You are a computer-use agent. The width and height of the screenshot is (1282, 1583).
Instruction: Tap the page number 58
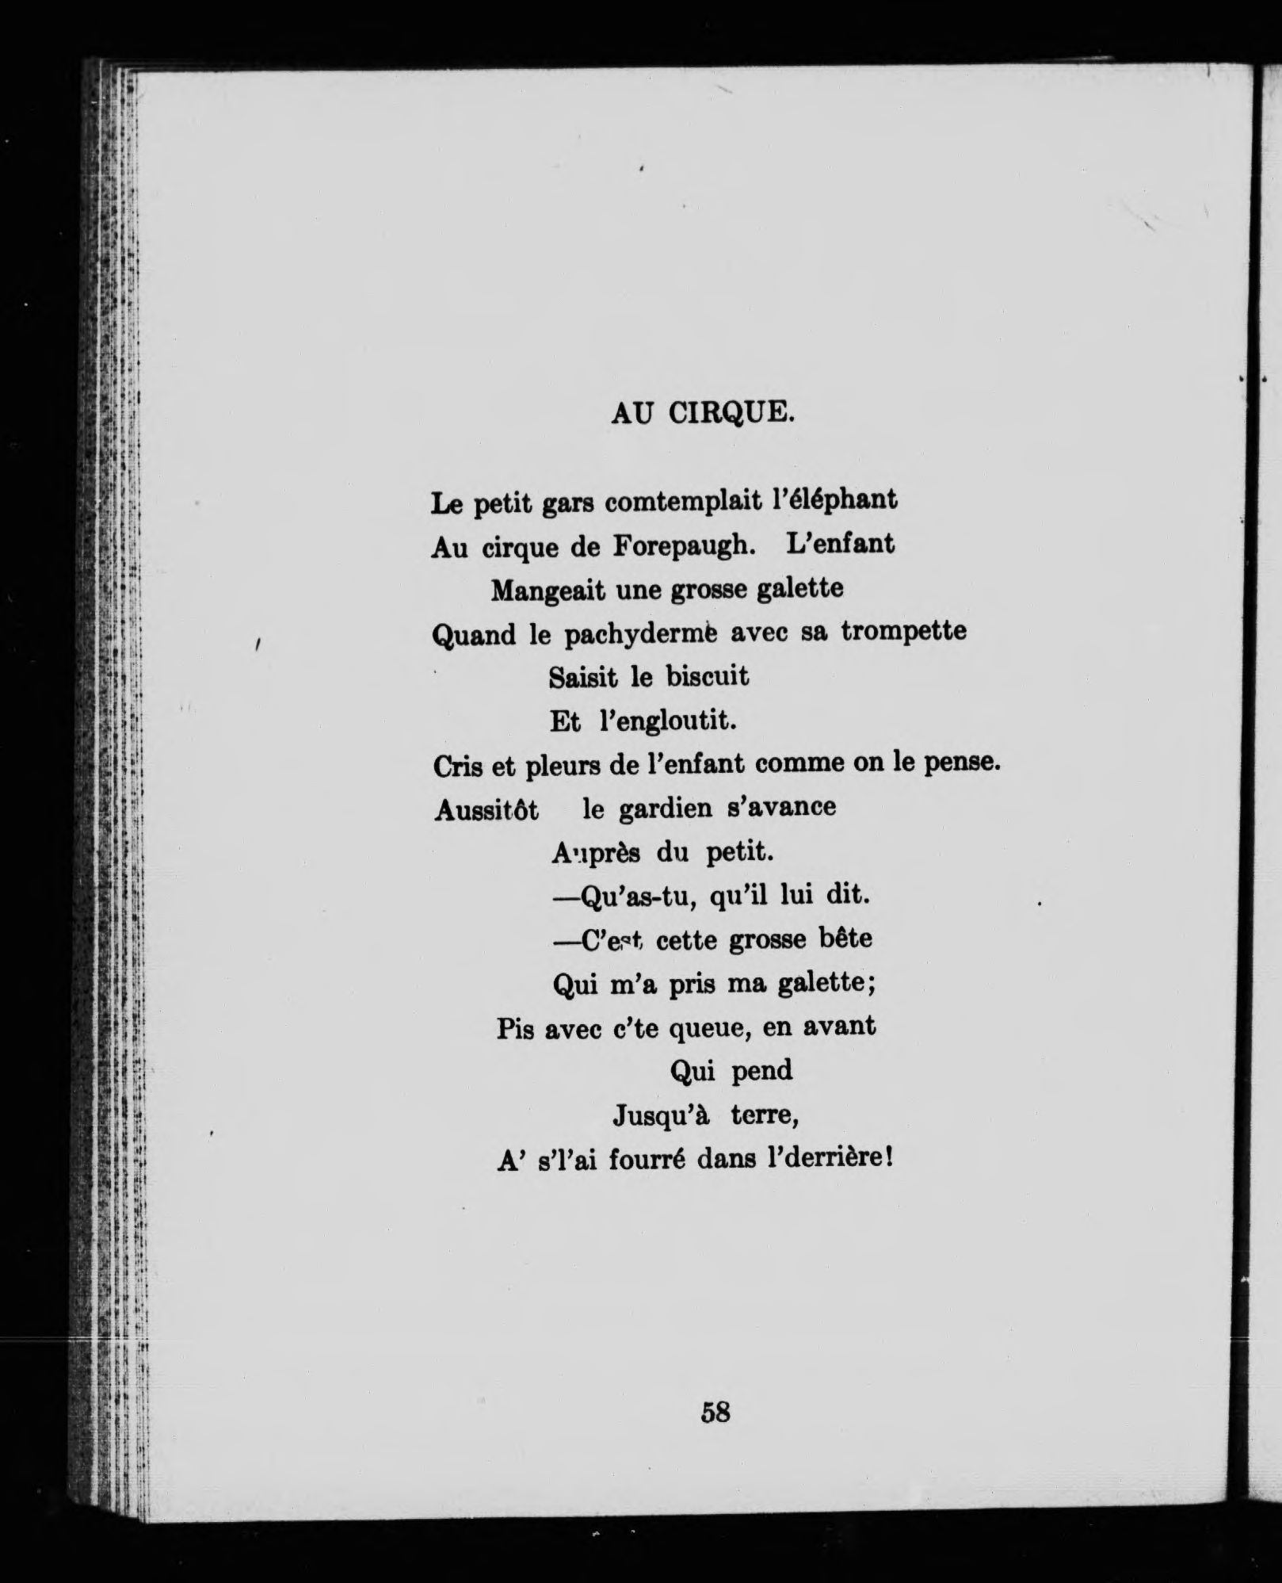click(x=715, y=1412)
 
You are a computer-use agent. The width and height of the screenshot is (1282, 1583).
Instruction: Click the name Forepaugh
click(x=680, y=547)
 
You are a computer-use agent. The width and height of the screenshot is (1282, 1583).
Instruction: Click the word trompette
click(x=903, y=632)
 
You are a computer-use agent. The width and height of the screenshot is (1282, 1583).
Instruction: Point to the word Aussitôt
click(x=486, y=810)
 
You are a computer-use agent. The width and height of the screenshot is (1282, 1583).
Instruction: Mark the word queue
click(x=708, y=1029)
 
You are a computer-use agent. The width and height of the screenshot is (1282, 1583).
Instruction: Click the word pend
click(x=761, y=1073)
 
